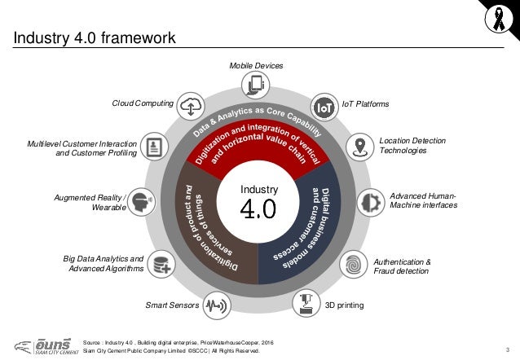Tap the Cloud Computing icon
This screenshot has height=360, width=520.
click(191, 105)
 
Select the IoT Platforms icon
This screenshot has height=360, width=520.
click(324, 105)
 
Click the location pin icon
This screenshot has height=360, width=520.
click(359, 147)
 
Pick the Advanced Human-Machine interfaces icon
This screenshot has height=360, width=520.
click(371, 200)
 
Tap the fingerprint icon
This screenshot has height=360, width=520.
click(354, 264)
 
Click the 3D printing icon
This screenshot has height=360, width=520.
click(306, 305)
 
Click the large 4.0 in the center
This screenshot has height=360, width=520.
click(258, 210)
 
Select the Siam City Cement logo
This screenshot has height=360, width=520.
click(34, 347)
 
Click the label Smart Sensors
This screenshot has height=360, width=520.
click(170, 306)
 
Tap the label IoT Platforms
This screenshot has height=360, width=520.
click(365, 104)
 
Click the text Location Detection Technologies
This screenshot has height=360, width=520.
click(412, 146)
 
